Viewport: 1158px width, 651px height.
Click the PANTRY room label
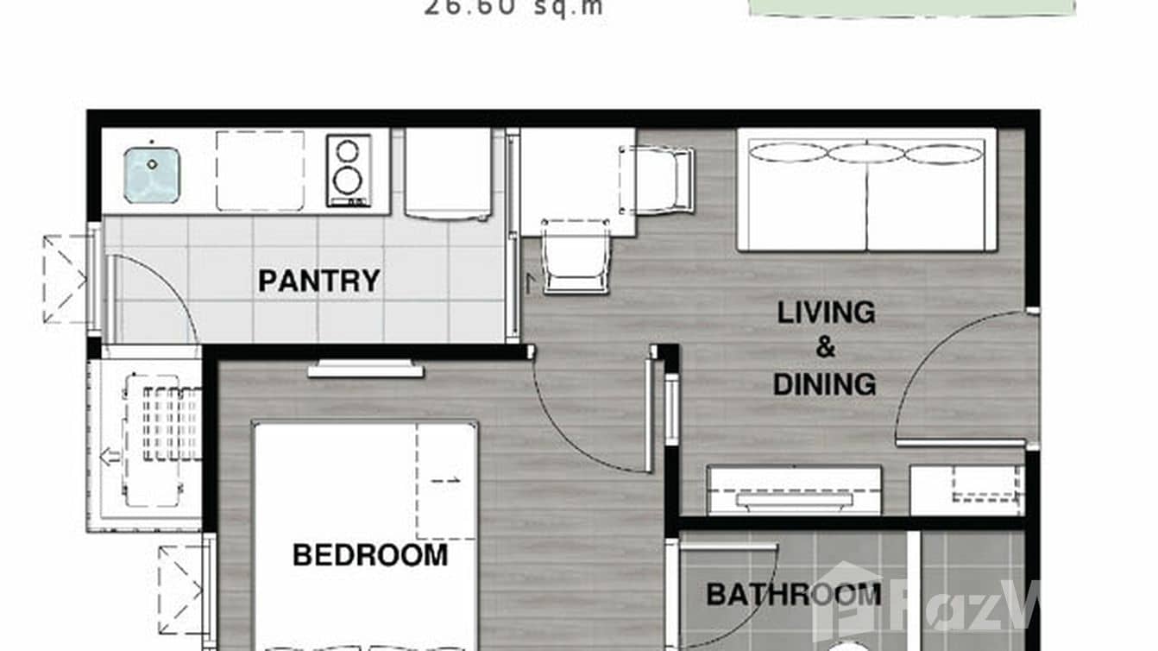point(318,281)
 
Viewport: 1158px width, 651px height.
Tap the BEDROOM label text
point(370,554)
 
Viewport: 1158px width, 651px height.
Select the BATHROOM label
point(793,594)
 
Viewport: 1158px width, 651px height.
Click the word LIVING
point(826,313)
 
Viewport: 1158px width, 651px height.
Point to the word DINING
point(824,384)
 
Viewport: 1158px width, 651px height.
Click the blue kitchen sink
point(151,174)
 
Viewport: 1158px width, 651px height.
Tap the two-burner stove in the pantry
point(348,170)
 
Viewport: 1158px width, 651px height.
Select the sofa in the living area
point(866,190)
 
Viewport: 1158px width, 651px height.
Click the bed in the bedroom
point(365,535)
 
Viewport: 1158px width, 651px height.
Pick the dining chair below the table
point(576,257)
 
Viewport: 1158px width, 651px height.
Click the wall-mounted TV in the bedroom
point(366,370)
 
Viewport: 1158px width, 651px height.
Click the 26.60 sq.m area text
point(513,9)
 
